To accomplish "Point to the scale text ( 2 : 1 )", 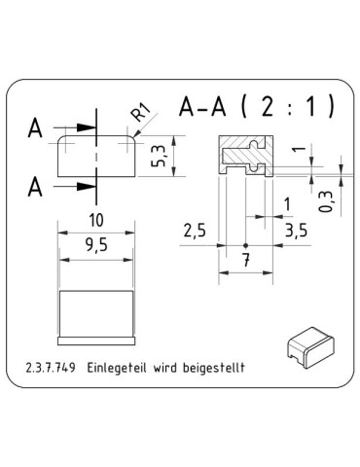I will tap(291, 108).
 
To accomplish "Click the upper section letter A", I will tap(36, 127).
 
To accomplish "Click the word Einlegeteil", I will tap(117, 369).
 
